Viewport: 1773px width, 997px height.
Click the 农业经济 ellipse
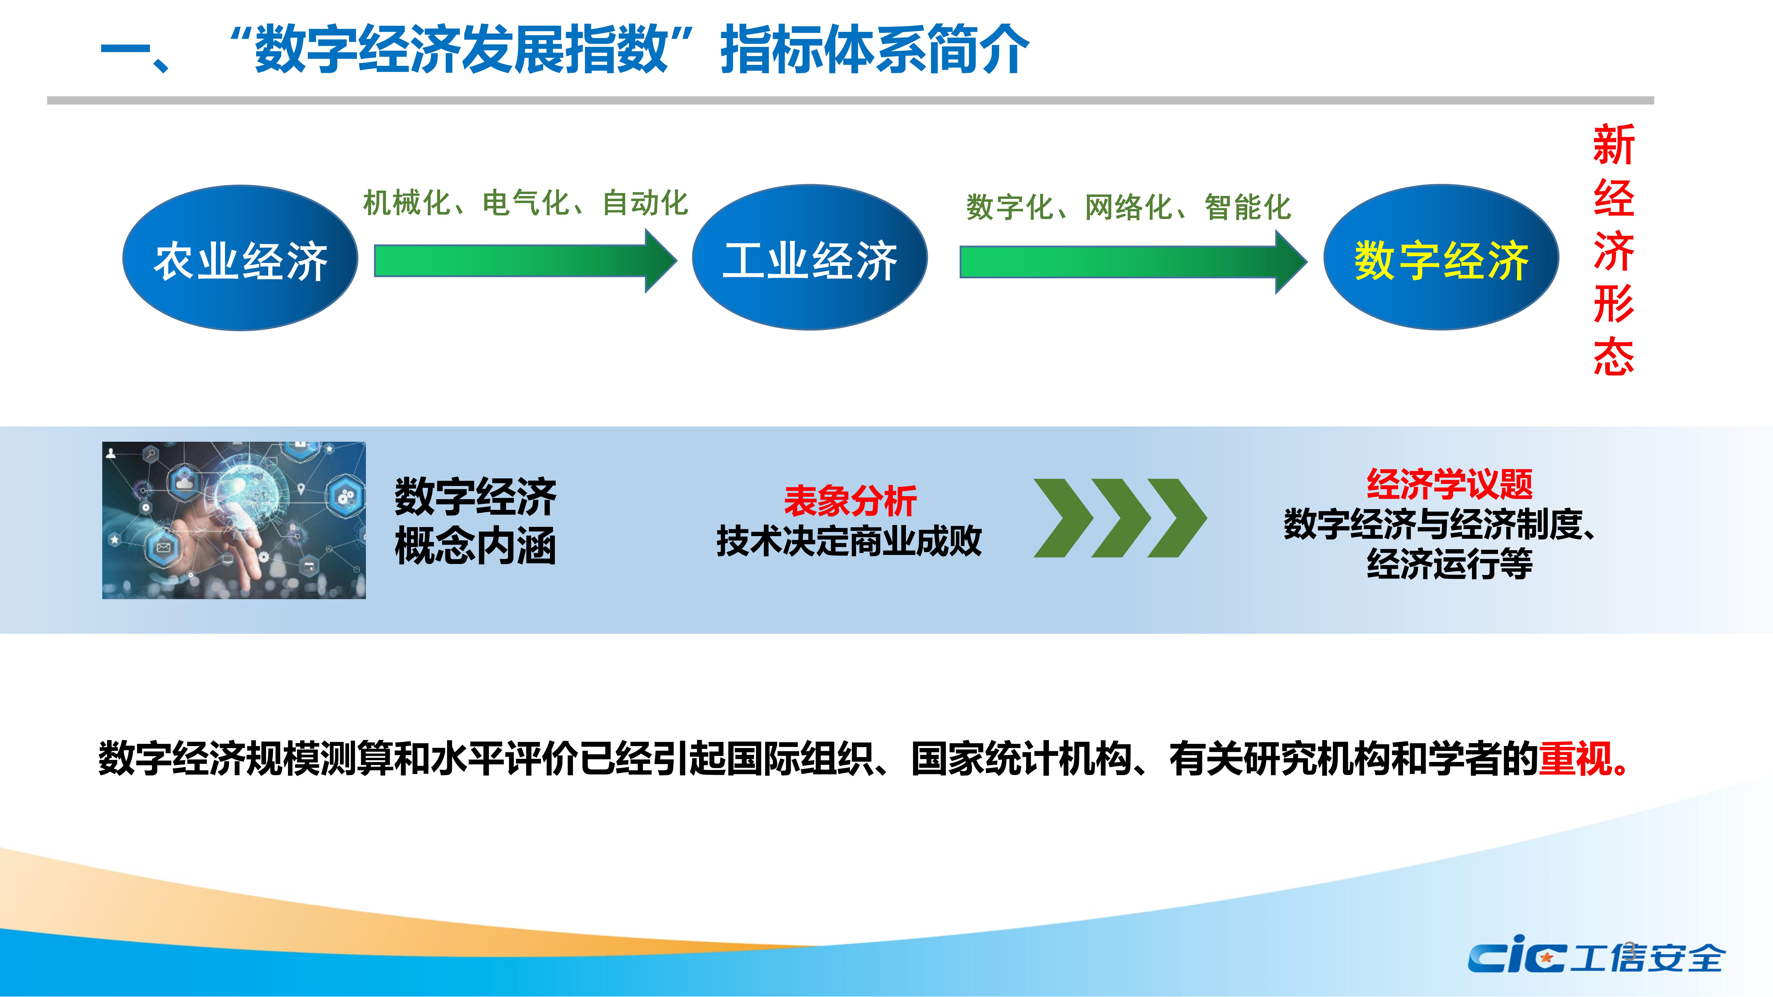coord(240,258)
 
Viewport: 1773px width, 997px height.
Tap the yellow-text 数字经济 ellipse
coord(1441,257)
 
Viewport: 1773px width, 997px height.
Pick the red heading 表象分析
coord(850,500)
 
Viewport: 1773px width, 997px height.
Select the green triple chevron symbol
coord(1120,518)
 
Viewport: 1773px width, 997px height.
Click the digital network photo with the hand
coord(234,520)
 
